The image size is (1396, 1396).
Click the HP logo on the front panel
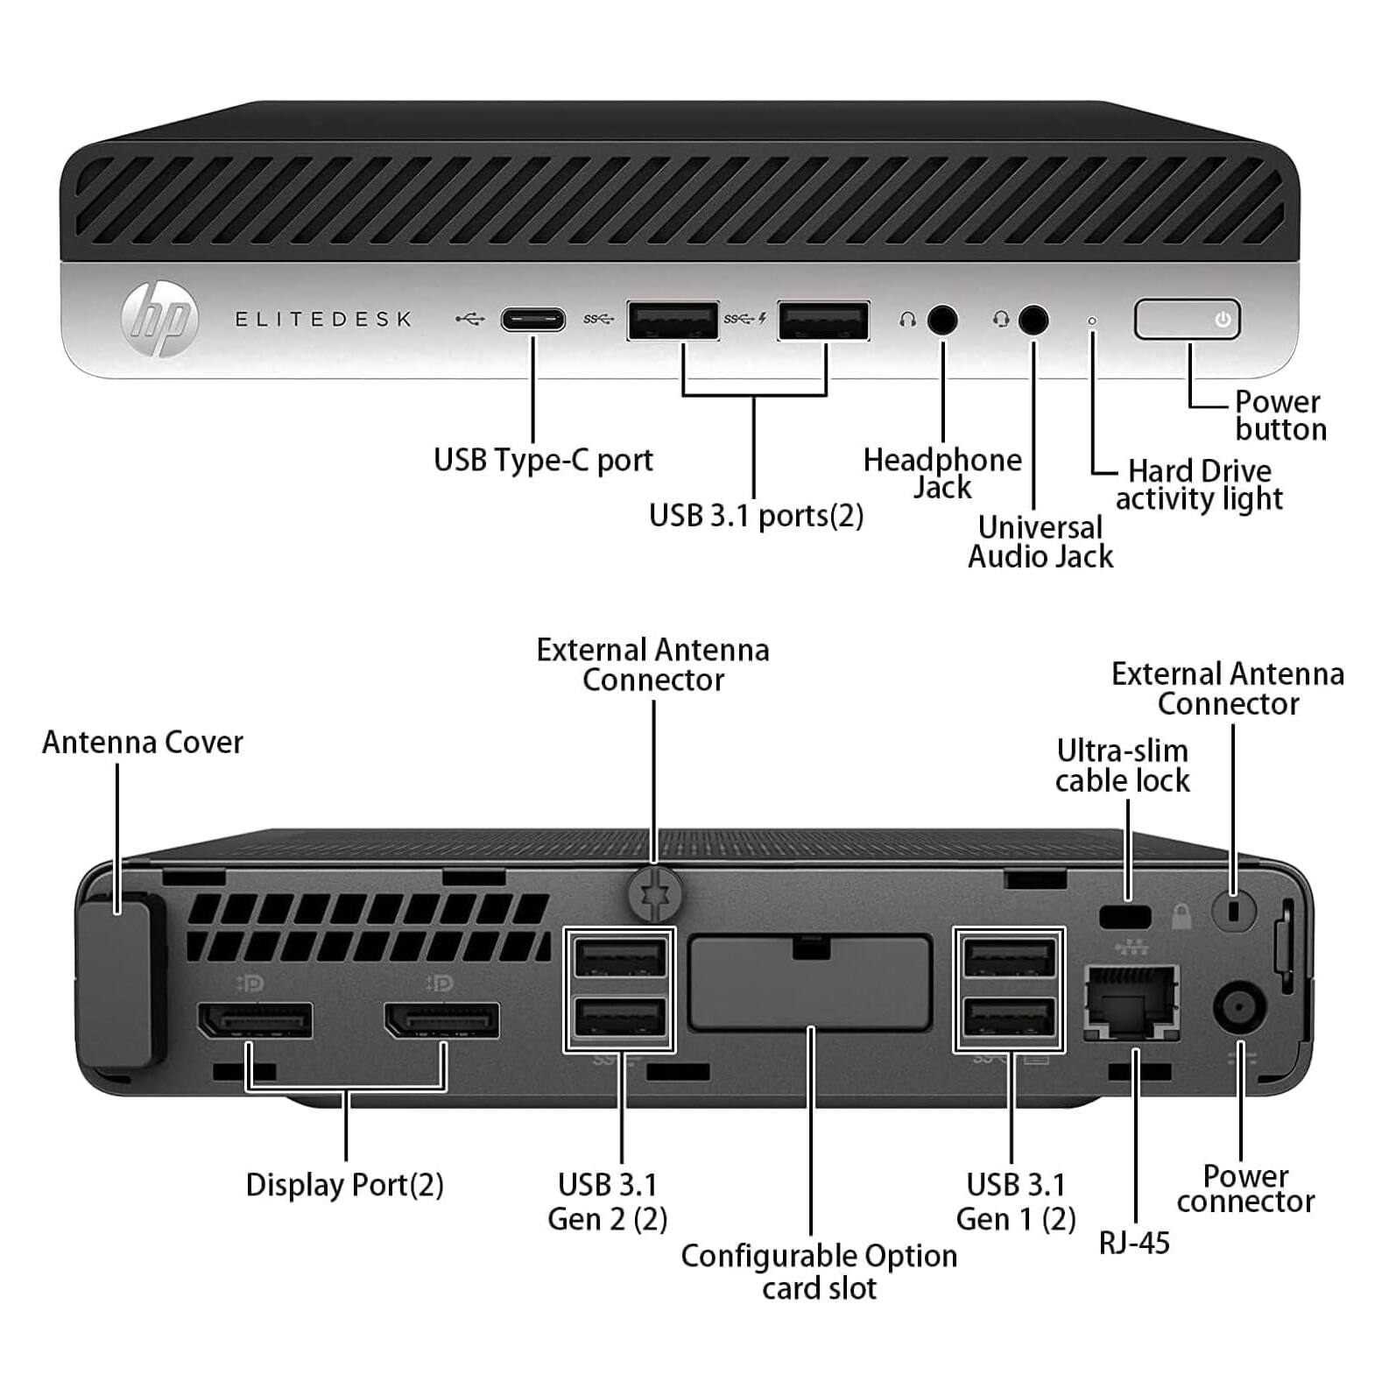point(160,319)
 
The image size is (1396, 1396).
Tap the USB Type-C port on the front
point(532,319)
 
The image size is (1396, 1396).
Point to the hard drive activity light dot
point(1091,321)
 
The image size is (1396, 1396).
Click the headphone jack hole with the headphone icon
point(941,320)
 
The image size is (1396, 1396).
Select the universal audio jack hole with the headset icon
point(1033,320)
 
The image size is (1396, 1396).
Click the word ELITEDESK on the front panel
point(323,319)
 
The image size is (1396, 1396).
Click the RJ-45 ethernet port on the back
point(1132,1002)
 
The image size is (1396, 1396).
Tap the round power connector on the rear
point(1239,1007)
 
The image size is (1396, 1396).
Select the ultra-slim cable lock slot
point(1125,917)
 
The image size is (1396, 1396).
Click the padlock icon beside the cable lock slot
point(1181,917)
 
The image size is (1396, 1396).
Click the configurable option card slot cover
point(809,983)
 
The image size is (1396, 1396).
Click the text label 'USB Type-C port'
point(543,460)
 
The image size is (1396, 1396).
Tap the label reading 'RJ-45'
point(1134,1242)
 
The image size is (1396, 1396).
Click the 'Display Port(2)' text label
point(344,1184)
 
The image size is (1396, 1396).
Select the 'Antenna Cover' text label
point(142,742)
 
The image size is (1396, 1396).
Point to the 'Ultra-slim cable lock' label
point(1122,765)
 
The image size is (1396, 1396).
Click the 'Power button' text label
point(1280,415)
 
